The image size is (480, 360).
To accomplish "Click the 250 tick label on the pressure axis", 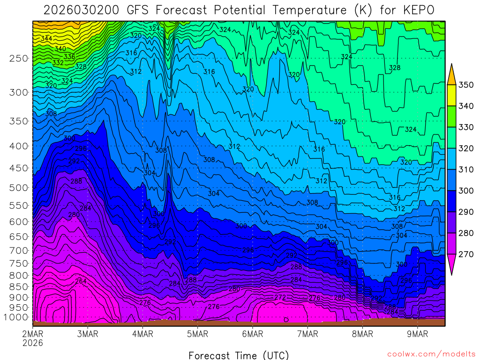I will (x=19, y=59).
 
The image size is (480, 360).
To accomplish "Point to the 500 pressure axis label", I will (x=19, y=187).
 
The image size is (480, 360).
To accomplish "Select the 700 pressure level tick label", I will (x=19, y=250).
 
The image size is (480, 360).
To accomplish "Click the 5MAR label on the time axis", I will (x=197, y=334).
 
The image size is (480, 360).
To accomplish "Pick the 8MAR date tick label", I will (x=362, y=334).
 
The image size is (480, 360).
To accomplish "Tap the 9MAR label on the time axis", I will (x=418, y=334).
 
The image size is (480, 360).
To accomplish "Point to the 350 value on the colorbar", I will (x=466, y=85).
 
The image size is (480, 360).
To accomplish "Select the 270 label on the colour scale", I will (x=466, y=254).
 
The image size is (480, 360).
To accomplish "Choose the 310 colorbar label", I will (x=466, y=169).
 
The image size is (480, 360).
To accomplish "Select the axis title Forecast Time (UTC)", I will (x=239, y=355).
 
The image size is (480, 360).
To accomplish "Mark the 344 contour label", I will (x=46, y=38).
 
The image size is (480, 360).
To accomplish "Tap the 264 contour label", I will (x=81, y=281).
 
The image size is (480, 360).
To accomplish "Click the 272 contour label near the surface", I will (x=280, y=298).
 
